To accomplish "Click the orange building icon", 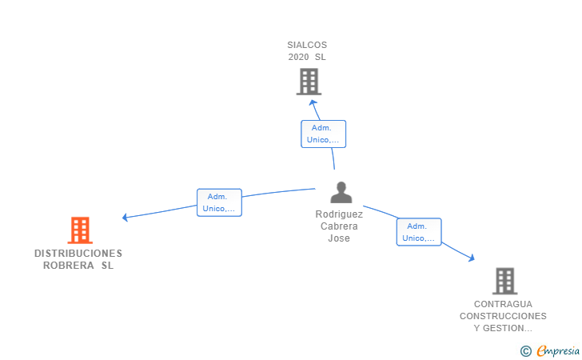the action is (x=80, y=230).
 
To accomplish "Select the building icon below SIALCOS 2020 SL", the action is (x=309, y=82).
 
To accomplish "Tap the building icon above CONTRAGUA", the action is (x=504, y=281).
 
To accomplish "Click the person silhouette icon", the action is (x=341, y=192).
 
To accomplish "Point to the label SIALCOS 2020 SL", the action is (x=307, y=51).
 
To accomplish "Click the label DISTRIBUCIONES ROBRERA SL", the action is (x=78, y=259).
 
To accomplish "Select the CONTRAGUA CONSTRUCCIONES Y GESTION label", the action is (x=503, y=316).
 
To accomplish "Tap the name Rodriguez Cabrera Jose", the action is (x=339, y=226).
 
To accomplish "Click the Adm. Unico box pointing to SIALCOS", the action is (x=323, y=134).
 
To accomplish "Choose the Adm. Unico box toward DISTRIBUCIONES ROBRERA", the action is (x=219, y=202).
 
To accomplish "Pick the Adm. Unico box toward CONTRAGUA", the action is (x=419, y=232).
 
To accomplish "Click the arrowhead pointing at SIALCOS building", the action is (x=313, y=102).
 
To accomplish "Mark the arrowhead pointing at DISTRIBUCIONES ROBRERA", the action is (x=125, y=217).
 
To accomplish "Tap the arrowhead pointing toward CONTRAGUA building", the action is (x=472, y=258).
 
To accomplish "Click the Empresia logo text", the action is (x=558, y=350).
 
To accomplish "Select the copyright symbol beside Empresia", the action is (x=525, y=351).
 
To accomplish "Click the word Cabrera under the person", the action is (x=339, y=226).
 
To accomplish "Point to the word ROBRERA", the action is (x=68, y=266).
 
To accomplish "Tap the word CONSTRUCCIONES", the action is (x=503, y=316).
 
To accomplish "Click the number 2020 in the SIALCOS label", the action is (x=298, y=58).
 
